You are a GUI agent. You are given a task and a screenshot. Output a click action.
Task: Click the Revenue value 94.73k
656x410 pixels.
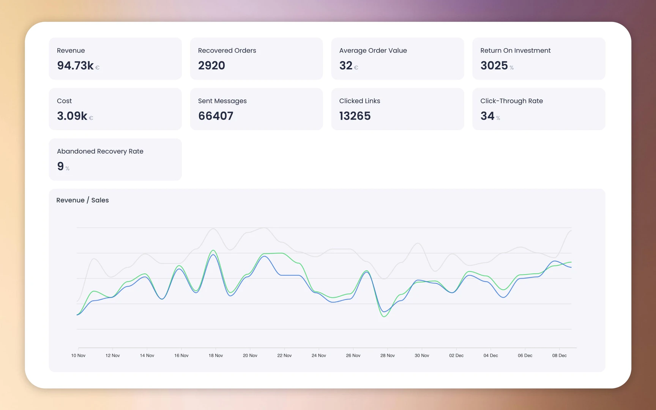(x=75, y=66)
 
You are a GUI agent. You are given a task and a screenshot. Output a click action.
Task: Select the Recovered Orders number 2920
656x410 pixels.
(x=211, y=66)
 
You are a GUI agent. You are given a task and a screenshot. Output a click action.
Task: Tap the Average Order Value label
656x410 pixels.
(x=373, y=50)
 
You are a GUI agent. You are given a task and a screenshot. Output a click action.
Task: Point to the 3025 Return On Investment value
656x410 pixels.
(x=494, y=66)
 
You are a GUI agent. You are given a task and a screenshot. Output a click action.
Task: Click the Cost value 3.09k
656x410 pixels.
(x=72, y=116)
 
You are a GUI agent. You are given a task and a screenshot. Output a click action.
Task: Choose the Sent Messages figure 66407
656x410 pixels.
(x=216, y=116)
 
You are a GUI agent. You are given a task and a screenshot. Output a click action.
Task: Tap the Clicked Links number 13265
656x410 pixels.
(x=355, y=116)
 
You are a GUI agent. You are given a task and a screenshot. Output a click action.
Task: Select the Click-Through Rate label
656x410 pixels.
(x=511, y=101)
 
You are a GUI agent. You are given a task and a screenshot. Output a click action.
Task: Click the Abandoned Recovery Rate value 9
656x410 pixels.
(x=60, y=166)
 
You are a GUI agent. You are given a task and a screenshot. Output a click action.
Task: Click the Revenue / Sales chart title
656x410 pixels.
(x=82, y=200)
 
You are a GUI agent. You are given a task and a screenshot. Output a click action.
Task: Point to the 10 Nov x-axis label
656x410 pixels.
(x=78, y=355)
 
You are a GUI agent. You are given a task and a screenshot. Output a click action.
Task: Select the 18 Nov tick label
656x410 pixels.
(x=216, y=355)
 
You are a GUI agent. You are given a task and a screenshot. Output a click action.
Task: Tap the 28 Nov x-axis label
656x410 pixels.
(x=387, y=355)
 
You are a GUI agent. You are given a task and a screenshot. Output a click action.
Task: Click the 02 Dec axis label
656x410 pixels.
(x=456, y=355)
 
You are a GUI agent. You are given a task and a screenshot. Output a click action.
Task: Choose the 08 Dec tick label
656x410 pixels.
(x=559, y=355)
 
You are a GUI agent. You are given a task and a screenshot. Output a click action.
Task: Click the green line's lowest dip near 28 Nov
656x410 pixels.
(x=384, y=316)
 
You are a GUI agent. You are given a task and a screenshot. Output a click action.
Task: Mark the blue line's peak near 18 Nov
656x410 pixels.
(x=214, y=254)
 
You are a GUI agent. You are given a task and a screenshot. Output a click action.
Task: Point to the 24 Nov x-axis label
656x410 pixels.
(x=319, y=355)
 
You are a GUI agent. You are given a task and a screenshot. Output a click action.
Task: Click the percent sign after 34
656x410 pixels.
(x=498, y=118)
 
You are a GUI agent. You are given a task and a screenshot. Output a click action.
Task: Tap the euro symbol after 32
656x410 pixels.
(x=356, y=68)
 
